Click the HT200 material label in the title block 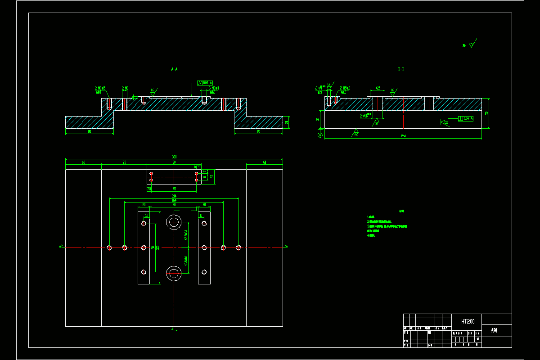(x=468, y=321)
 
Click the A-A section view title (x=174, y=70)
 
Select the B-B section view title (x=401, y=70)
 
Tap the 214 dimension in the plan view (x=174, y=196)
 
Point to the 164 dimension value (x=174, y=200)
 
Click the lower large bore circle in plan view (x=174, y=272)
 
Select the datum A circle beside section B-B (x=320, y=135)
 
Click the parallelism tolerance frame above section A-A (x=205, y=83)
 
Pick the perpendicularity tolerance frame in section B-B (x=466, y=118)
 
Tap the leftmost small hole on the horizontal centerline (x=110, y=247)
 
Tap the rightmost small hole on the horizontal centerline (x=238, y=247)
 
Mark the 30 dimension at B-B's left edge (x=318, y=119)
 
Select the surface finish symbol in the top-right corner (x=470, y=45)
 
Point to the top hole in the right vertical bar (x=204, y=223)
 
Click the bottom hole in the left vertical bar (x=144, y=271)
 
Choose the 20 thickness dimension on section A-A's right (x=287, y=122)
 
